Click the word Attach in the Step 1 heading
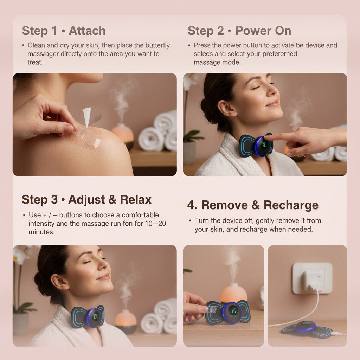tap(87, 31)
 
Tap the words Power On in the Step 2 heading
tap(263, 31)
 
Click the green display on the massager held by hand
tap(234, 311)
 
